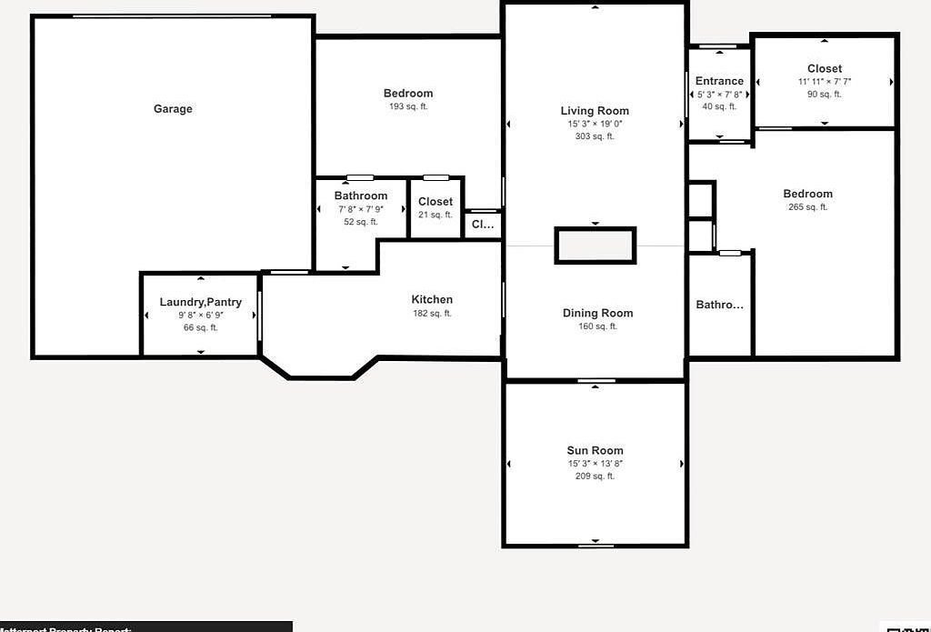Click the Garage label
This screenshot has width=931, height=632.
click(x=173, y=109)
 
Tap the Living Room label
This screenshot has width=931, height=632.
click(x=595, y=111)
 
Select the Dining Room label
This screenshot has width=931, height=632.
click(x=597, y=313)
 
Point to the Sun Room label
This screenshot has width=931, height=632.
click(x=595, y=450)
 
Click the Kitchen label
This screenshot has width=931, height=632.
click(x=432, y=299)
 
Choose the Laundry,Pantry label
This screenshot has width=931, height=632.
click(x=201, y=302)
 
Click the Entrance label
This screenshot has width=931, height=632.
click(x=719, y=81)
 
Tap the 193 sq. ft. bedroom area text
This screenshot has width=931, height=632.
click(x=408, y=106)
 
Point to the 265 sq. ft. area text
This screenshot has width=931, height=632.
click(x=807, y=207)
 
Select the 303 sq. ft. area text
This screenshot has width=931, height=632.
click(x=595, y=136)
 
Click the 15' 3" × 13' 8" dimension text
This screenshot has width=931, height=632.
click(x=595, y=464)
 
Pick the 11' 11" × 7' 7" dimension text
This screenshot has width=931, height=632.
click(x=824, y=81)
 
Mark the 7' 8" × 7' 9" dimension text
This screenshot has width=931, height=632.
click(x=361, y=209)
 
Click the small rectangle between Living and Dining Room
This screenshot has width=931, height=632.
click(x=596, y=246)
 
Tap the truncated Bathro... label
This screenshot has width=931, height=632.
click(x=719, y=305)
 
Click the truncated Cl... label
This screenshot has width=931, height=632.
click(x=482, y=225)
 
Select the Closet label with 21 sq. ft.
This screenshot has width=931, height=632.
click(x=435, y=202)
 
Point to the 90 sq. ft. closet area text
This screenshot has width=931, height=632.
click(x=824, y=94)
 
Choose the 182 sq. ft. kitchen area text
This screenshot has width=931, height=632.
click(x=432, y=314)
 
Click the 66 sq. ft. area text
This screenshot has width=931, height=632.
click(x=201, y=327)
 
